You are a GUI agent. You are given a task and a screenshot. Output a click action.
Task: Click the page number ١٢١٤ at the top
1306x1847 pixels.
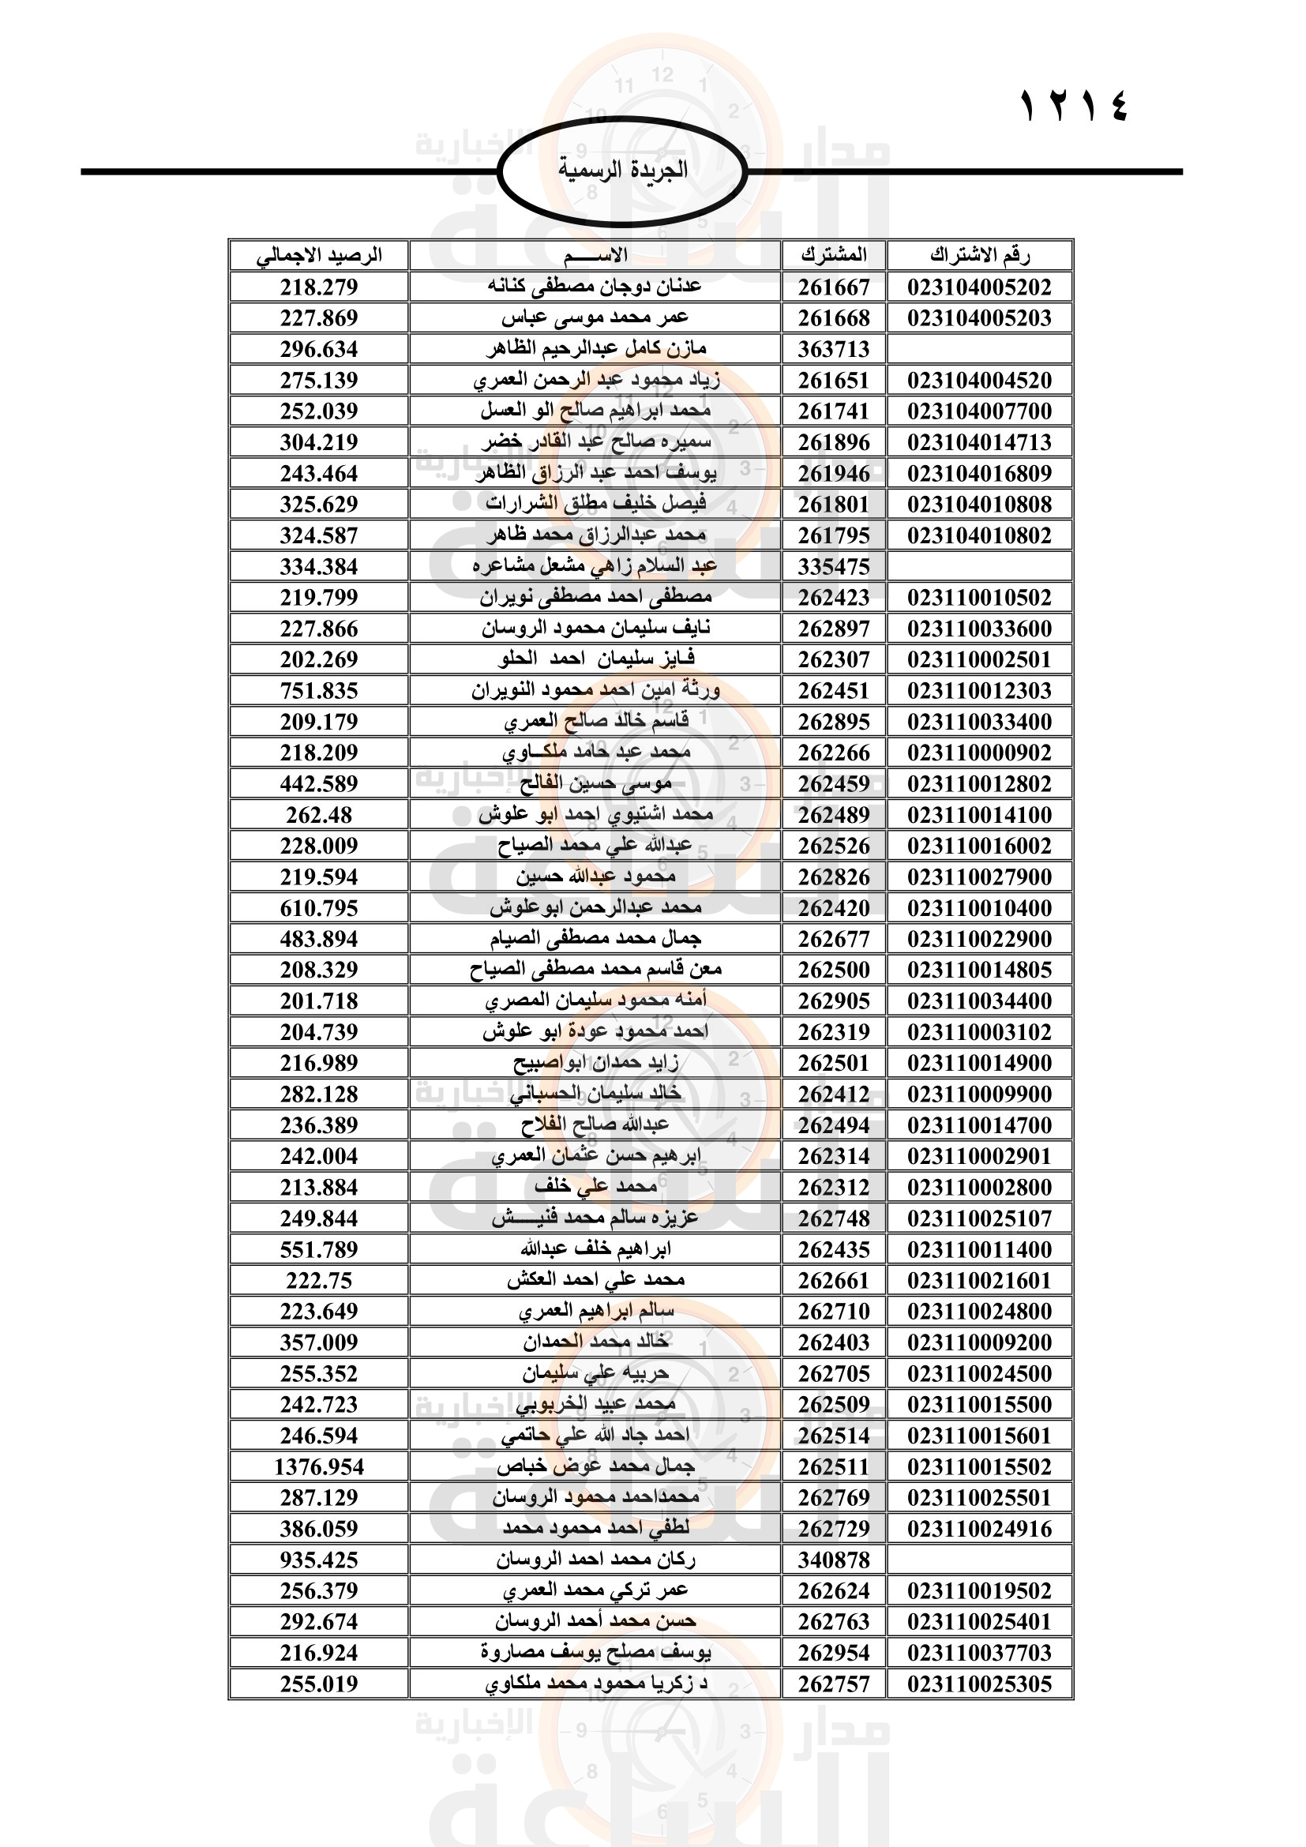[x=1074, y=107]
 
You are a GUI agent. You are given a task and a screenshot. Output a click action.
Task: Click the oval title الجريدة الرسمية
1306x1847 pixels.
[x=622, y=171]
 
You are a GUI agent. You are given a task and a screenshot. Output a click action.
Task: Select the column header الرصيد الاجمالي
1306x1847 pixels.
[x=318, y=256]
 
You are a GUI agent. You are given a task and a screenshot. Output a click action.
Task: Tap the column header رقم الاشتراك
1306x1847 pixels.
[x=979, y=256]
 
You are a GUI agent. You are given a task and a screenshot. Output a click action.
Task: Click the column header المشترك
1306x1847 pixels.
[x=833, y=256]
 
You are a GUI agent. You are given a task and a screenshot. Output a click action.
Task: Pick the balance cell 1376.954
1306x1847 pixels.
[x=318, y=1466]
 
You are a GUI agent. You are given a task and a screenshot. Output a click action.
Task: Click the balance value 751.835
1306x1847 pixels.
[x=318, y=691]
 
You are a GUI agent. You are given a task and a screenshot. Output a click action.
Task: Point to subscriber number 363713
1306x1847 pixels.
[x=833, y=349]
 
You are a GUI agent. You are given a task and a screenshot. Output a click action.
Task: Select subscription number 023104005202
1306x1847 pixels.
[x=979, y=287]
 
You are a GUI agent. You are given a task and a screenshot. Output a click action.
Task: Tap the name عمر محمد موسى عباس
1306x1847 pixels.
[x=595, y=317]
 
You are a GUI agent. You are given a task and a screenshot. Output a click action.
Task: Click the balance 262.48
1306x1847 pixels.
[x=318, y=815]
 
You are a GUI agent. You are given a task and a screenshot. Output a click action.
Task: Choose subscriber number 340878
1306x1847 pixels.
[x=833, y=1560]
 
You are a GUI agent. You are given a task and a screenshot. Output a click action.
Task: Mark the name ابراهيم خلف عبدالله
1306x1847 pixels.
[x=595, y=1249]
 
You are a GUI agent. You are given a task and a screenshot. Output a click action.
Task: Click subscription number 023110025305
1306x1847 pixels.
[x=979, y=1684]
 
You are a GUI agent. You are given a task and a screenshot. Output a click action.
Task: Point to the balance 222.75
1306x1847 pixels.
[x=318, y=1281]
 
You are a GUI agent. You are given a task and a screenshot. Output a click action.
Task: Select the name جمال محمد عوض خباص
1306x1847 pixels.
[x=595, y=1466]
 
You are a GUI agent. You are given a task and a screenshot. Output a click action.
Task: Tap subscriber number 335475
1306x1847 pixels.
[x=833, y=566]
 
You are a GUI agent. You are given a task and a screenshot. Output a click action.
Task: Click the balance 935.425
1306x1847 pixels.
[x=318, y=1560]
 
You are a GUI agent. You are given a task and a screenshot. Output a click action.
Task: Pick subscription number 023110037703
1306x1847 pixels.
[x=979, y=1652]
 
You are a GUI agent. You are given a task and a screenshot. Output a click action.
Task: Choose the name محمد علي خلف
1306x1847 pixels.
[x=595, y=1188]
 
